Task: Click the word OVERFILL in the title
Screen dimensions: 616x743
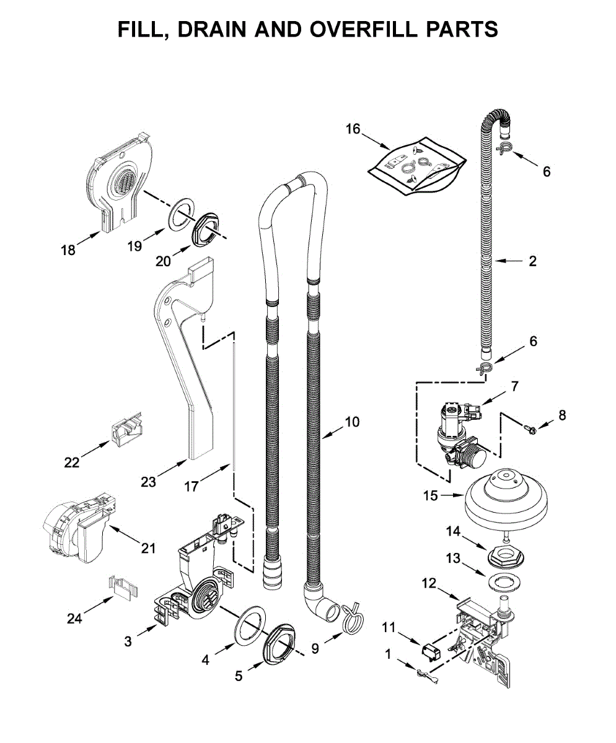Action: (363, 29)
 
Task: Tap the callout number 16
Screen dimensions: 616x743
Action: (353, 129)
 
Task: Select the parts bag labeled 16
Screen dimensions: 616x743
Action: (417, 165)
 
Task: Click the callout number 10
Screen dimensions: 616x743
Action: (353, 422)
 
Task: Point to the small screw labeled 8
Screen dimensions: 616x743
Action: (530, 430)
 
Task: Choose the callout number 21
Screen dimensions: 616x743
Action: (148, 548)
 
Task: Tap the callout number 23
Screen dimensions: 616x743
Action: (148, 482)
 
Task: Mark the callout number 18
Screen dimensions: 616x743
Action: (68, 250)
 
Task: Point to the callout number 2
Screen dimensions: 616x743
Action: (532, 261)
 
